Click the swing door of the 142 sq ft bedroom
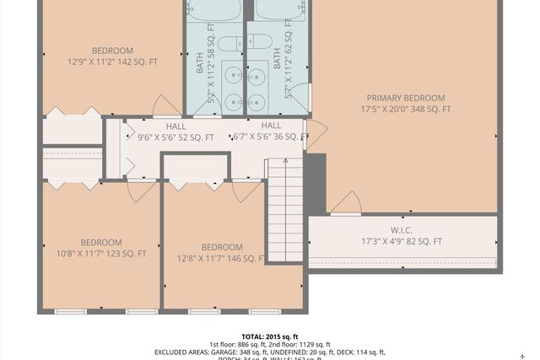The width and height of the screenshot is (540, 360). pyautogui.click(x=166, y=106)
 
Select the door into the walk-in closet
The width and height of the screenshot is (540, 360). pyautogui.click(x=346, y=204)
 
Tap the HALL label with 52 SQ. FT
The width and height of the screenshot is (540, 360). pyautogui.click(x=176, y=132)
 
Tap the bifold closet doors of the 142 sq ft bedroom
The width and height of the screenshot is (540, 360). pyautogui.click(x=73, y=112)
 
